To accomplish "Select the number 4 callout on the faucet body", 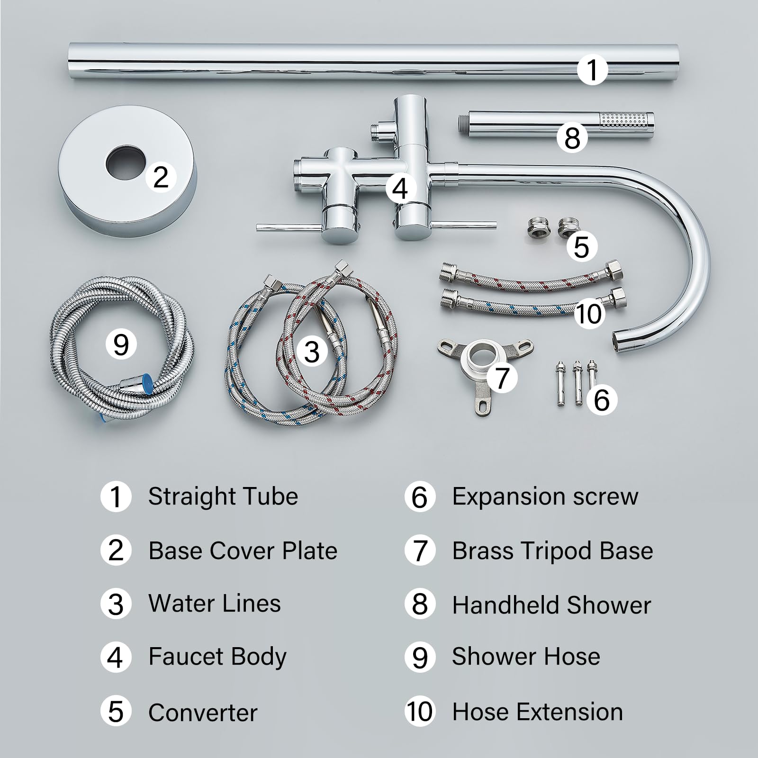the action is click(400, 188).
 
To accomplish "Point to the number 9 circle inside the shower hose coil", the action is click(121, 344).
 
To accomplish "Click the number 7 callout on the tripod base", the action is click(502, 377).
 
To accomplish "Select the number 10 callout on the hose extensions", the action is click(589, 313).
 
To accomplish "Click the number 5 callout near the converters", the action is click(581, 246).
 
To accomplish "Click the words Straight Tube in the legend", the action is click(223, 496).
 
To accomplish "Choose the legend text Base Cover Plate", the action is click(243, 550).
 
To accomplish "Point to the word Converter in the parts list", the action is click(203, 713).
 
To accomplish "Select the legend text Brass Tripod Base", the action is click(552, 551).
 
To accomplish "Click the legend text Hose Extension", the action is click(538, 712).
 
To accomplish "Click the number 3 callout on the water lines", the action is click(312, 352).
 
